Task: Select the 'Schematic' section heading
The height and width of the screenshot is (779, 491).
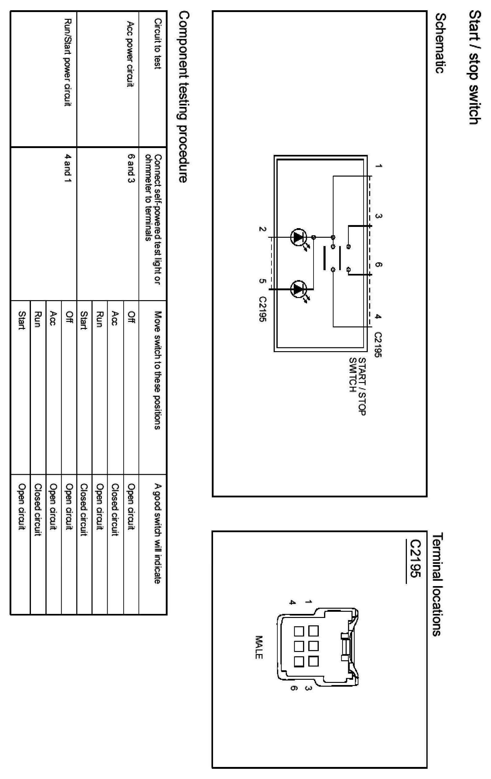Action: (440, 43)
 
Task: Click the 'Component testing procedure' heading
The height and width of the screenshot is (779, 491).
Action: (184, 97)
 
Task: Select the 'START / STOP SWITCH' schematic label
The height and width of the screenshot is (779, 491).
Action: (357, 386)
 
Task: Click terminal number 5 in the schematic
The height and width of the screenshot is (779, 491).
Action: (262, 281)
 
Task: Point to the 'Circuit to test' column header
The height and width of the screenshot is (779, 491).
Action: (158, 44)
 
